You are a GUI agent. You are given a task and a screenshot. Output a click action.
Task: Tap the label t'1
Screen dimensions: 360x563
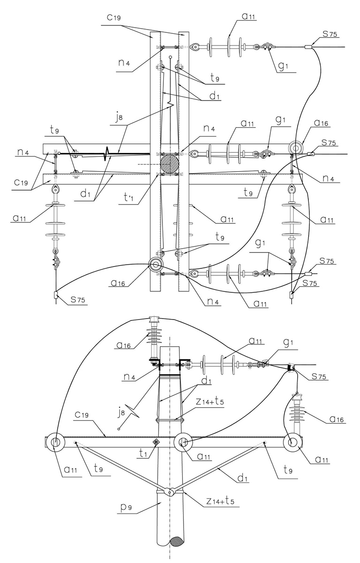tap(129, 199)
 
